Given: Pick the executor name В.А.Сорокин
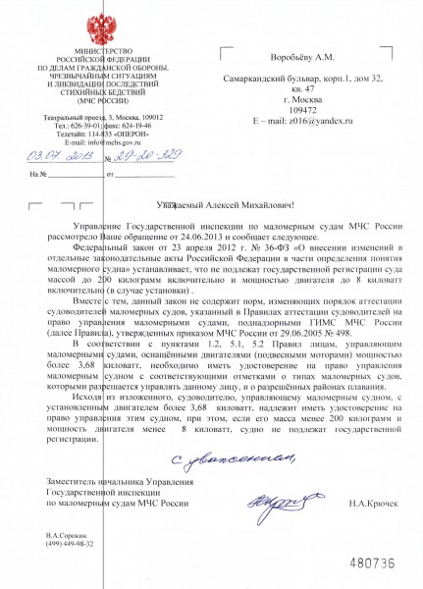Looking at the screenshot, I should tap(65, 535).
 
